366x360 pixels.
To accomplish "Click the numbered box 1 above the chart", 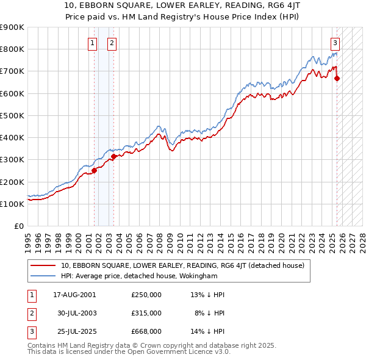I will tap(92, 43).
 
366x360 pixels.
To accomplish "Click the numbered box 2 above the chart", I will tap(113, 43).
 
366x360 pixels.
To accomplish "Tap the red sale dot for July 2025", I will tap(337, 78).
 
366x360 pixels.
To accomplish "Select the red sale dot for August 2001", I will tap(95, 170).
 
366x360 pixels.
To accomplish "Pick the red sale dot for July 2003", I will tap(113, 156).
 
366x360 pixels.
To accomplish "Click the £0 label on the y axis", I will tap(19, 226).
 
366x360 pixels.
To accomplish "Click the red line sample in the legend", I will tap(43, 265).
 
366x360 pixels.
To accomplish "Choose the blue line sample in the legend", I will tap(43, 276).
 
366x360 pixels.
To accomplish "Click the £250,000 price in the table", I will tap(146, 295).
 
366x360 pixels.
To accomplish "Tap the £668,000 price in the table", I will tap(146, 331).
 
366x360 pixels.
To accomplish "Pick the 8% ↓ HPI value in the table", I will tap(210, 313).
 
